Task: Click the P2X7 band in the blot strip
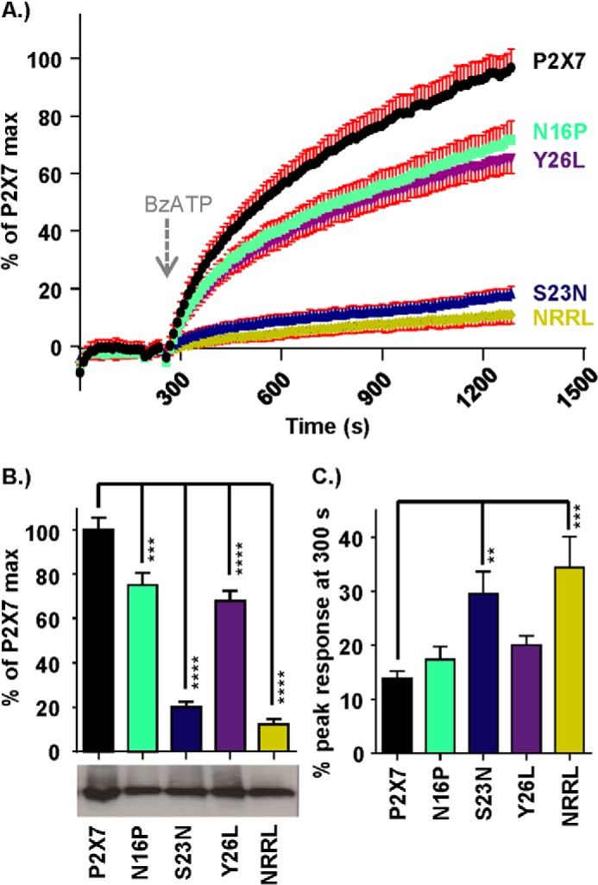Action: tap(100, 788)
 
